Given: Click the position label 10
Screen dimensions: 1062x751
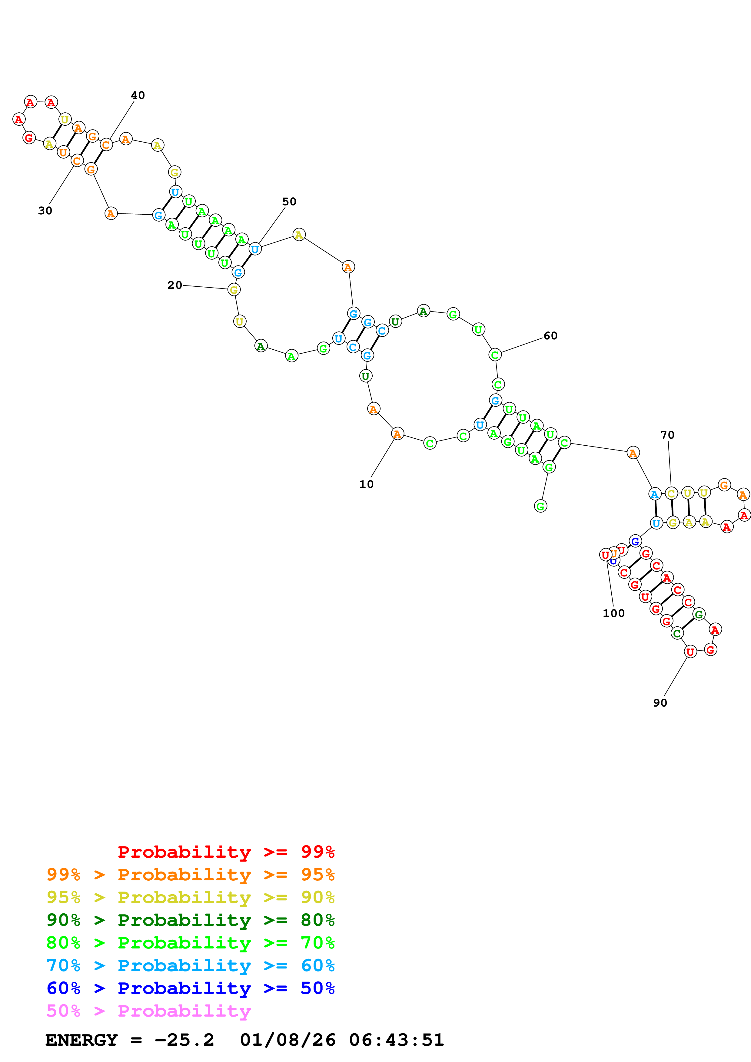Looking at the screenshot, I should click(366, 484).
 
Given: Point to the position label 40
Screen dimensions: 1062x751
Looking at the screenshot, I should click(138, 95).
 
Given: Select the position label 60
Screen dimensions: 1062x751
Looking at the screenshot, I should click(550, 336).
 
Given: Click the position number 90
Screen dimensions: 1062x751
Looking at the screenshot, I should click(660, 703).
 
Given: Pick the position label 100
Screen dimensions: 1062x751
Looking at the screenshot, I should click(613, 613).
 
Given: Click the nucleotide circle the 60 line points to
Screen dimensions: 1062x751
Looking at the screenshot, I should click(495, 355).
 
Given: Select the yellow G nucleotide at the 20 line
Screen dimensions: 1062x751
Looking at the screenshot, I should click(234, 290).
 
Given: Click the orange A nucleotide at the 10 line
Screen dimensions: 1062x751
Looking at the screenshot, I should click(397, 434).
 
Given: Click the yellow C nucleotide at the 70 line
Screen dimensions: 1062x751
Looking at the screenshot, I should click(671, 493).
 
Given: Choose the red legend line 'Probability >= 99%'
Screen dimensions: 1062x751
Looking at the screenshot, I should click(226, 852).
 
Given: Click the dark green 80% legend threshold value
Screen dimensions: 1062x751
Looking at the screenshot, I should click(317, 920).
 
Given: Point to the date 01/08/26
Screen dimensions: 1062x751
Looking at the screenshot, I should click(287, 1040).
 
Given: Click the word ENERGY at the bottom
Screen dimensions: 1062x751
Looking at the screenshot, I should click(81, 1040).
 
